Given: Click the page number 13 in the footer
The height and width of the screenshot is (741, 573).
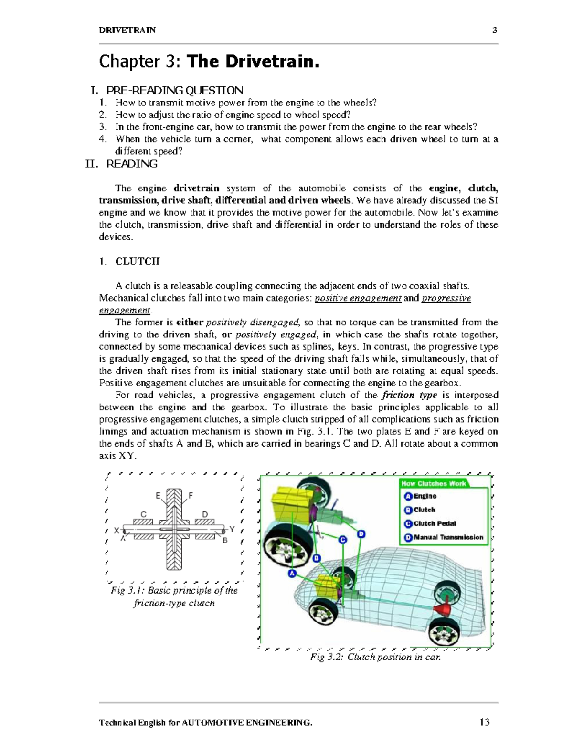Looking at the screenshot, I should [x=485, y=722].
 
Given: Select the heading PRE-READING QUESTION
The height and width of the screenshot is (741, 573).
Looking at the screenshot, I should [x=174, y=90].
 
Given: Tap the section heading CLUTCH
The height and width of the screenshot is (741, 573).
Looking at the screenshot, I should [x=137, y=261].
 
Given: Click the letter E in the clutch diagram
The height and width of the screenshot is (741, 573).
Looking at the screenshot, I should [x=158, y=496].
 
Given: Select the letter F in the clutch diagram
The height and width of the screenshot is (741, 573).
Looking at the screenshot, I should [x=191, y=496].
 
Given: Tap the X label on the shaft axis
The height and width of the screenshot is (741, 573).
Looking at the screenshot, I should [x=117, y=531].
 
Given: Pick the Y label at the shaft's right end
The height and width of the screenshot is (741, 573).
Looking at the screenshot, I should [x=232, y=529].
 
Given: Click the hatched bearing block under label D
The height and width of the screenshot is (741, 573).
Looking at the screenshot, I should [x=205, y=522].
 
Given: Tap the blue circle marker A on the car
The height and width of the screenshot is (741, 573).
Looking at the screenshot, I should [x=292, y=573].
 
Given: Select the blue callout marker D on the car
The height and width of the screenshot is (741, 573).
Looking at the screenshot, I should [x=361, y=533].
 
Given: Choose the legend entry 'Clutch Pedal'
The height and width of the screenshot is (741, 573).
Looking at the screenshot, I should [x=434, y=523].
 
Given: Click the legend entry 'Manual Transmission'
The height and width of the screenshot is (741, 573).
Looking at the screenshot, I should [x=448, y=537].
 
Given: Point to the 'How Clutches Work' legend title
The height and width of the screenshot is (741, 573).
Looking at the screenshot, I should [x=433, y=483].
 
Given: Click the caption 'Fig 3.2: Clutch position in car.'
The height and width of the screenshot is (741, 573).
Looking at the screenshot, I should [x=375, y=657].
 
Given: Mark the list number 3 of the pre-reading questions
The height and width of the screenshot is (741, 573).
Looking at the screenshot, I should [x=103, y=127].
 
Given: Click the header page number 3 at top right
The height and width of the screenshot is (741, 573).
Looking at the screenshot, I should [x=495, y=30].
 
